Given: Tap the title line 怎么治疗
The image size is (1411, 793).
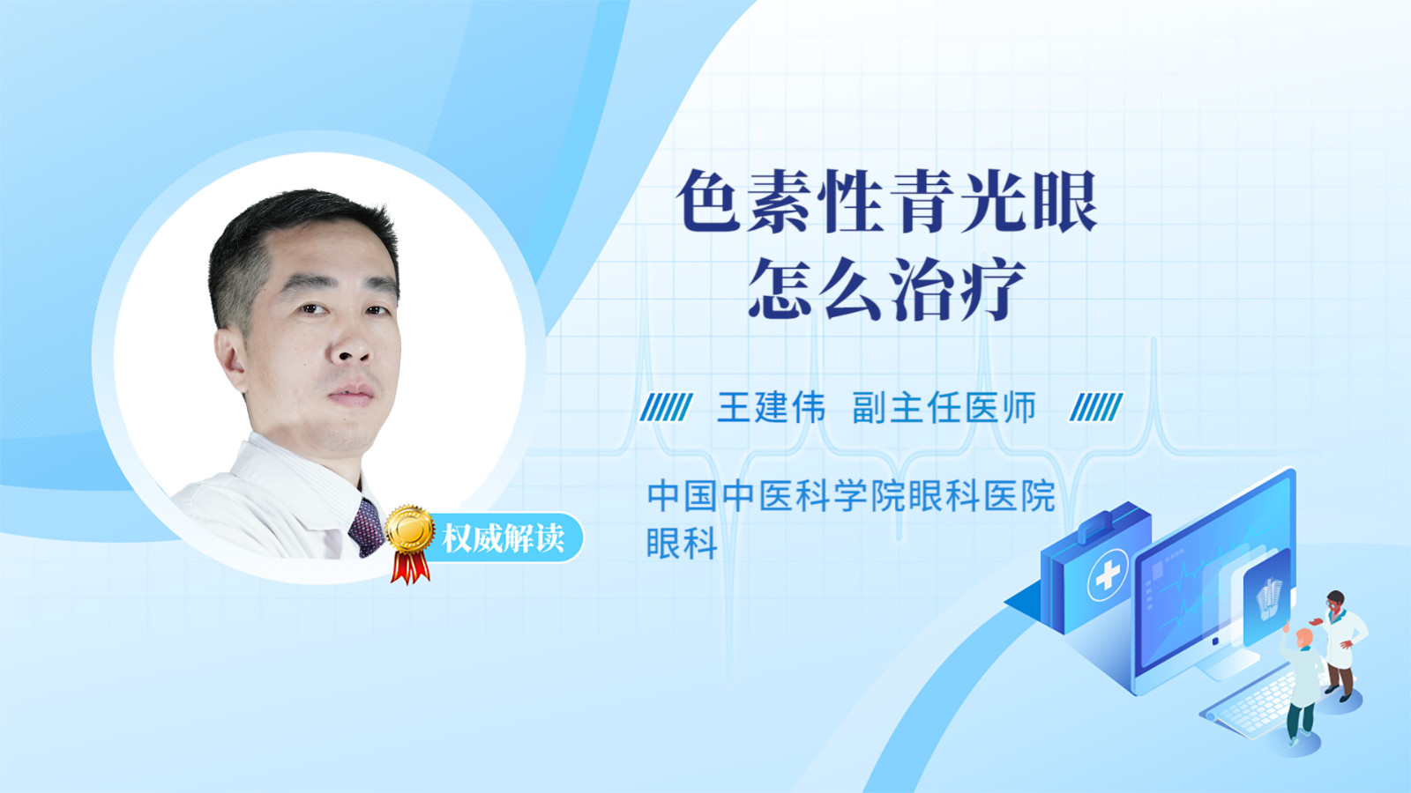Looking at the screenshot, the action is click(x=887, y=289).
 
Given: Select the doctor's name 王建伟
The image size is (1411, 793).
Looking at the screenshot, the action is click(x=771, y=407).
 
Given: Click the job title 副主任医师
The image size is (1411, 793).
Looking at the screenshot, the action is click(x=944, y=407).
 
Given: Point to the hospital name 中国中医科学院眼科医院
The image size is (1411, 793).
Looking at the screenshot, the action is click(x=851, y=496).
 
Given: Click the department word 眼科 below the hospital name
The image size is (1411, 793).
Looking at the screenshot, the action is click(x=683, y=543).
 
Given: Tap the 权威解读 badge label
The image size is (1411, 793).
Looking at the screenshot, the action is click(x=504, y=538).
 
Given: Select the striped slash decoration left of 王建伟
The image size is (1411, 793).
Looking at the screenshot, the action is click(x=666, y=407).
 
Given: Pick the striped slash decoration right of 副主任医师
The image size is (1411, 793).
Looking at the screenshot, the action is click(x=1096, y=407).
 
